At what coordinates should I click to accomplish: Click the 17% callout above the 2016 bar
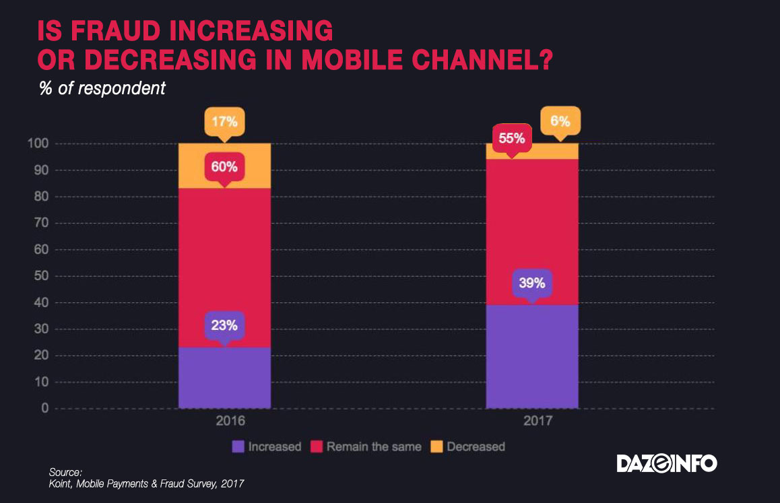point(224,122)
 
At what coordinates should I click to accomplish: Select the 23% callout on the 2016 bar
point(224,325)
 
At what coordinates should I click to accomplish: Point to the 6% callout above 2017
point(560,122)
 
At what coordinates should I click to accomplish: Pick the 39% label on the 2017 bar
point(531,282)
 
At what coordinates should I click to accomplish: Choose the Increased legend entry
point(266,446)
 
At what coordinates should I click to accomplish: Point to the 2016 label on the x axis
point(224,422)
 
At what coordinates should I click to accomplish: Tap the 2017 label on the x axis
point(531,422)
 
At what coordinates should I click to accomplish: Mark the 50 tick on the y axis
point(42,276)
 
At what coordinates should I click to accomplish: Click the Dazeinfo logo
point(667,463)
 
